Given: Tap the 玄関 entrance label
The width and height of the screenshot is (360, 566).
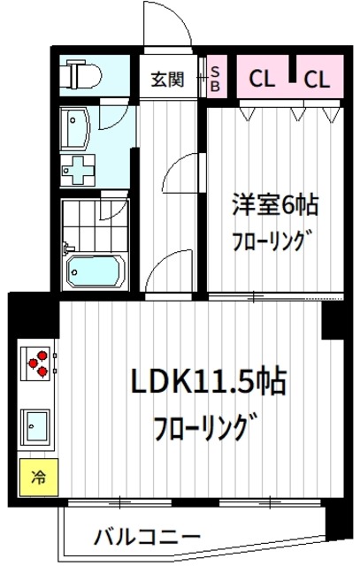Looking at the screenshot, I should pos(165,79).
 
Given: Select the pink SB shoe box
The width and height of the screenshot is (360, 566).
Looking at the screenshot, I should pos(215,79).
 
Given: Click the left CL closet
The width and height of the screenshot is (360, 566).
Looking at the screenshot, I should pos(261,79).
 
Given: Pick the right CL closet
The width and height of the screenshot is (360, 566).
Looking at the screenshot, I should pos(317,79).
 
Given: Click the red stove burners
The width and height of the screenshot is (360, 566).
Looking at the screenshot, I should pos(37,362).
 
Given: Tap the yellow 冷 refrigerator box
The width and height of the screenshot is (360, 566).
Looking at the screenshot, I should pos(37,478).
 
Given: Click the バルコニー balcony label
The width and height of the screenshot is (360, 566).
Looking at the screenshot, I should pos(149,536).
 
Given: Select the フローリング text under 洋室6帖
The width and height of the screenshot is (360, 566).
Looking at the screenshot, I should pos(273,240).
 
